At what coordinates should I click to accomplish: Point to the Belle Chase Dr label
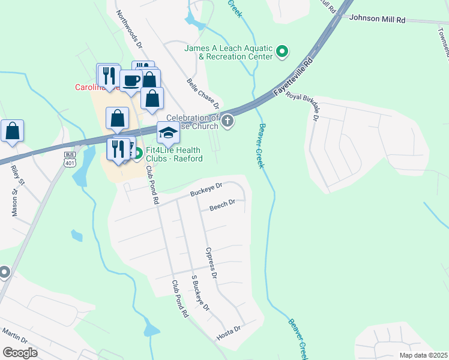pyautogui.click(x=203, y=92)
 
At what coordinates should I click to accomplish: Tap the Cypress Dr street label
pyautogui.click(x=209, y=263)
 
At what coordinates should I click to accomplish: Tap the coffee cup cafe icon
pyautogui.click(x=131, y=80)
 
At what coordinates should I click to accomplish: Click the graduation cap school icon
pyautogui.click(x=169, y=132)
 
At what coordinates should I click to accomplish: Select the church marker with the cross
pyautogui.click(x=227, y=122)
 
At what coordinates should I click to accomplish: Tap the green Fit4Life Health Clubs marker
pyautogui.click(x=137, y=154)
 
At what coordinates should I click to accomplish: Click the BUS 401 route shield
pyautogui.click(x=70, y=158)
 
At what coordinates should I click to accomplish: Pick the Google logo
pyautogui.click(x=20, y=353)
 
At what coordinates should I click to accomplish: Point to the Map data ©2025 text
pyautogui.click(x=423, y=355)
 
